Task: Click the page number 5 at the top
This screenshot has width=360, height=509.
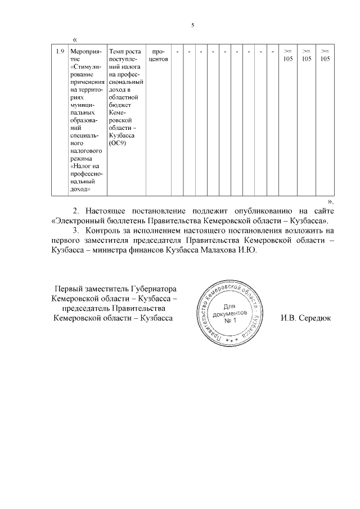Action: (192, 25)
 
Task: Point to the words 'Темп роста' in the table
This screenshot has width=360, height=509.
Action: (125, 52)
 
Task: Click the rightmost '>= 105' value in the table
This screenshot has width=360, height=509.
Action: (324, 55)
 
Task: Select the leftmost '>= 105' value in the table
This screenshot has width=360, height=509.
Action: (288, 55)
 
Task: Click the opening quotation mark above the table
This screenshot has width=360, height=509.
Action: (75, 39)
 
